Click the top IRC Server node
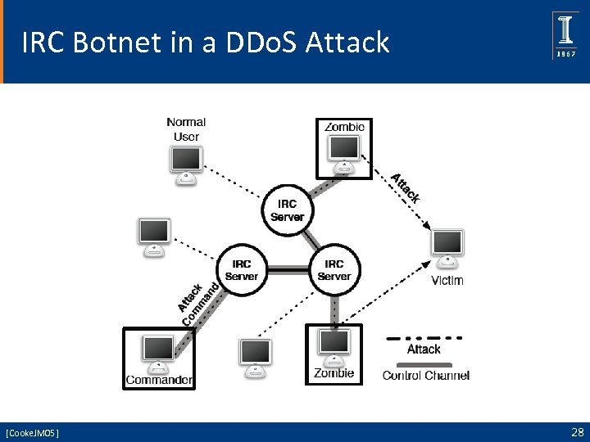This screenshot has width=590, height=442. pyautogui.click(x=287, y=210)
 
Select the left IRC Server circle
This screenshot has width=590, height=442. pyautogui.click(x=241, y=269)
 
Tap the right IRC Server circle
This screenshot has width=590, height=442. pyautogui.click(x=334, y=269)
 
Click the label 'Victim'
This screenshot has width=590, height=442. pyautogui.click(x=447, y=281)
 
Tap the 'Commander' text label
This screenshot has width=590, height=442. pyautogui.click(x=159, y=380)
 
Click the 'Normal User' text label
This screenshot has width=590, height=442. pyautogui.click(x=186, y=129)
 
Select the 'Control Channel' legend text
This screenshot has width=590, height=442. pyautogui.click(x=426, y=376)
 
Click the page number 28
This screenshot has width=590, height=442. pyautogui.click(x=576, y=431)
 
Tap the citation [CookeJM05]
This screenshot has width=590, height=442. pyautogui.click(x=32, y=432)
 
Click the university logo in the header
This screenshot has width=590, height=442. pyautogui.click(x=565, y=35)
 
